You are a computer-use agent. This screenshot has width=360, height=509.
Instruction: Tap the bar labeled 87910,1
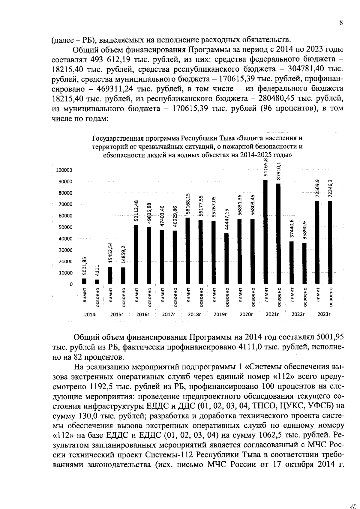click(x=279, y=234)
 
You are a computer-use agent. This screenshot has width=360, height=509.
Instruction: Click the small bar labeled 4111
click(x=97, y=282)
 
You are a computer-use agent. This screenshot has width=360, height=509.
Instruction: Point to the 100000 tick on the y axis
click(x=64, y=170)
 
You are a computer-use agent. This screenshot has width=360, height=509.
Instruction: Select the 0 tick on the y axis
click(x=71, y=284)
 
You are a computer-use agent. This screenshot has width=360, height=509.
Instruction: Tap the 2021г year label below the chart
click(x=272, y=315)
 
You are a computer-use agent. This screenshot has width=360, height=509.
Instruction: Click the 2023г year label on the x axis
click(x=324, y=315)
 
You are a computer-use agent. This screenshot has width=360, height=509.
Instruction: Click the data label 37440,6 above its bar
click(x=292, y=229)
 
